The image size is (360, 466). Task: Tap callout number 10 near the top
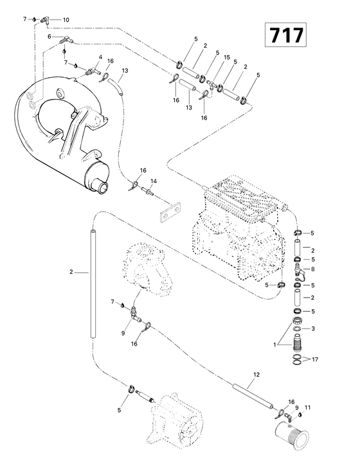click(66, 21)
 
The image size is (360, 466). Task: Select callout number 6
click(50, 37)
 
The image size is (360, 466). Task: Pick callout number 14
click(153, 182)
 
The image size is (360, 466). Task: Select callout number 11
click(308, 408)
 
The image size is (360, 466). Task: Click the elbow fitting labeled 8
click(300, 270)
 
